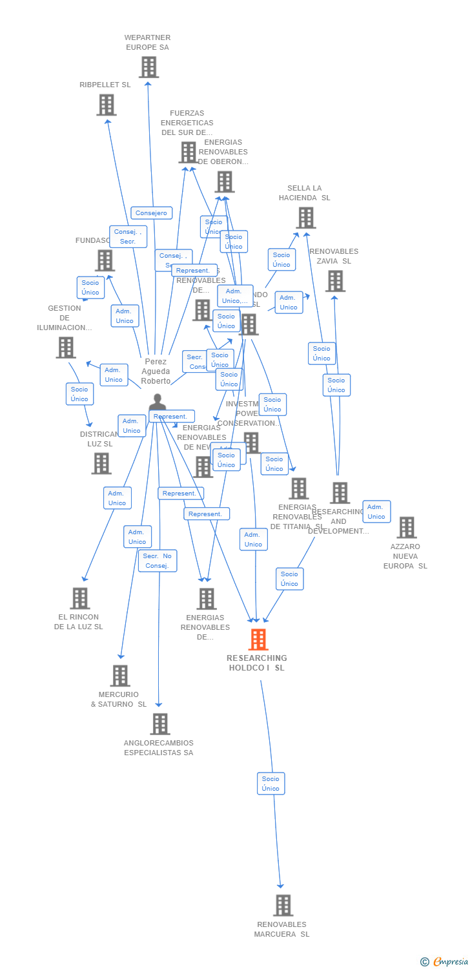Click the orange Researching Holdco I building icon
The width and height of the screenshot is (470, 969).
258,640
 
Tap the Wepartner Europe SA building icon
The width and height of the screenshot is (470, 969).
148,67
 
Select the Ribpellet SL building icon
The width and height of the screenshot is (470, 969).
107,105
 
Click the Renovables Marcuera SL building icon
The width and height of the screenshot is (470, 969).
283,905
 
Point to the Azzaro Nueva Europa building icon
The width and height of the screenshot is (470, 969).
406,527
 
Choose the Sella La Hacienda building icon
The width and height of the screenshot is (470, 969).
306,218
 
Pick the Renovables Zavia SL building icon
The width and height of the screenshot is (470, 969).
335,281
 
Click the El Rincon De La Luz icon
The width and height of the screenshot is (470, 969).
79,598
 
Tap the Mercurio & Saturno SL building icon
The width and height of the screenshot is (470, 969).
120,676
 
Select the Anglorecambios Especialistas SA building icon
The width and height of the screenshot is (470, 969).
160,724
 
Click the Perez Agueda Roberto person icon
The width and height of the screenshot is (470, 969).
157,404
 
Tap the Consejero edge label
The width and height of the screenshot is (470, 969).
152,213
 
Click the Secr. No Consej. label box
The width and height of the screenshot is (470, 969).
158,561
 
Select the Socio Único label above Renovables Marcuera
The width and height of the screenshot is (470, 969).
271,784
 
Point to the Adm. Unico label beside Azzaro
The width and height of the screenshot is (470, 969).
376,512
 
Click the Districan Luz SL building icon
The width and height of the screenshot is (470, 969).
101,463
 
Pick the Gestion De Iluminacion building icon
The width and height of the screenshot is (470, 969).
66,348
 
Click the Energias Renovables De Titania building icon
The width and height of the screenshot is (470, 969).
298,488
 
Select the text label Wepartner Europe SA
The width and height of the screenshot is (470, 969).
147,43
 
